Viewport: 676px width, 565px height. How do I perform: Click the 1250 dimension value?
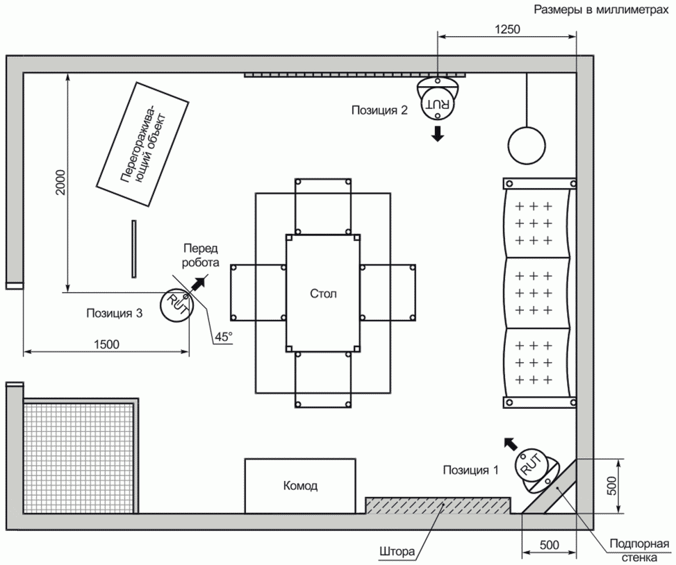point(507,29)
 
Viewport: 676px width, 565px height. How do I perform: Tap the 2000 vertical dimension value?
point(60,182)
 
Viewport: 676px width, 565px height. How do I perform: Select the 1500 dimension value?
point(106,344)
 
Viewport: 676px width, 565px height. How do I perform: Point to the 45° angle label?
point(224,337)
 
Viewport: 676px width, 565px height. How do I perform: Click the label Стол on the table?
point(323,294)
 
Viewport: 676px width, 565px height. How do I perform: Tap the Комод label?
point(301,486)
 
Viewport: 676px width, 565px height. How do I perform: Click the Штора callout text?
point(397,551)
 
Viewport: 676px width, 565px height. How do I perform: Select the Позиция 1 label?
point(471,470)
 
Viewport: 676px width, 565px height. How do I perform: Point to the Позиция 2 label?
point(379,110)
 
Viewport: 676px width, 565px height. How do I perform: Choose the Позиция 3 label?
point(114,313)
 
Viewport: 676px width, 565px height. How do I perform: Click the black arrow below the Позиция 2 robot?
point(438,134)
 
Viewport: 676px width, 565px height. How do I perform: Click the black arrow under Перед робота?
point(199,283)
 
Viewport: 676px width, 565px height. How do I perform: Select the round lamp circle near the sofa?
point(527,146)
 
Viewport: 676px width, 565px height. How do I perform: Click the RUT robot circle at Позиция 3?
point(176,304)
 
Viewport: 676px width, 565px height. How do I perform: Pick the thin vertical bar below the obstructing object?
point(134,249)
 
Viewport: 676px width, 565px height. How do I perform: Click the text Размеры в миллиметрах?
point(601,10)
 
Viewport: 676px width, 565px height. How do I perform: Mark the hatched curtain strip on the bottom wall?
point(438,505)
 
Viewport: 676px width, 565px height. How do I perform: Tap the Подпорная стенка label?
point(639,549)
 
